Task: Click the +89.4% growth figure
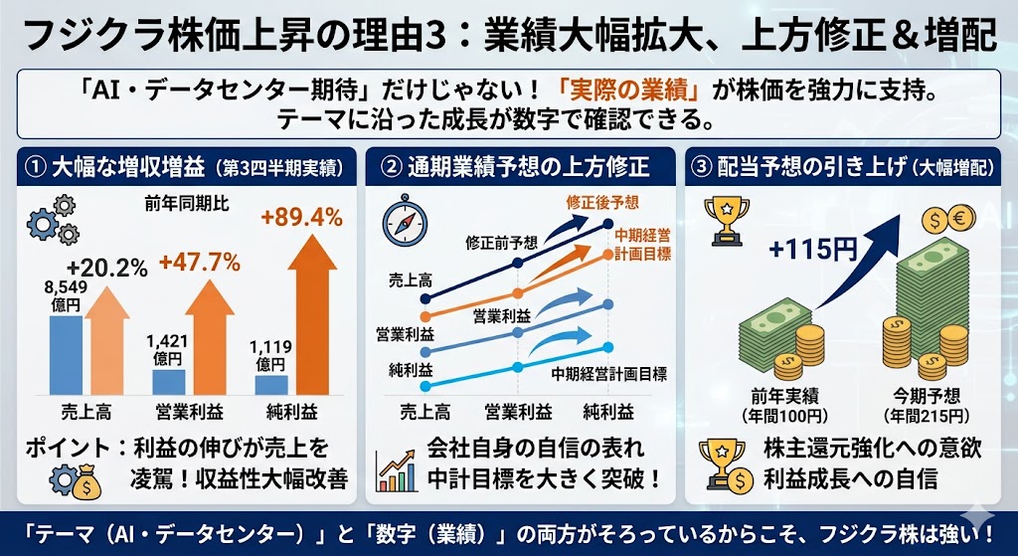tap(300, 217)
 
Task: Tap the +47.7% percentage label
tap(199, 263)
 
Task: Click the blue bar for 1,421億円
tap(168, 382)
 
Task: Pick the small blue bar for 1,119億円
tap(270, 384)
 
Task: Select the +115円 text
tap(811, 249)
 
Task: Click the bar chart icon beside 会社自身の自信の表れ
tap(397, 467)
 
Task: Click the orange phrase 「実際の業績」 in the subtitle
tap(630, 91)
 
